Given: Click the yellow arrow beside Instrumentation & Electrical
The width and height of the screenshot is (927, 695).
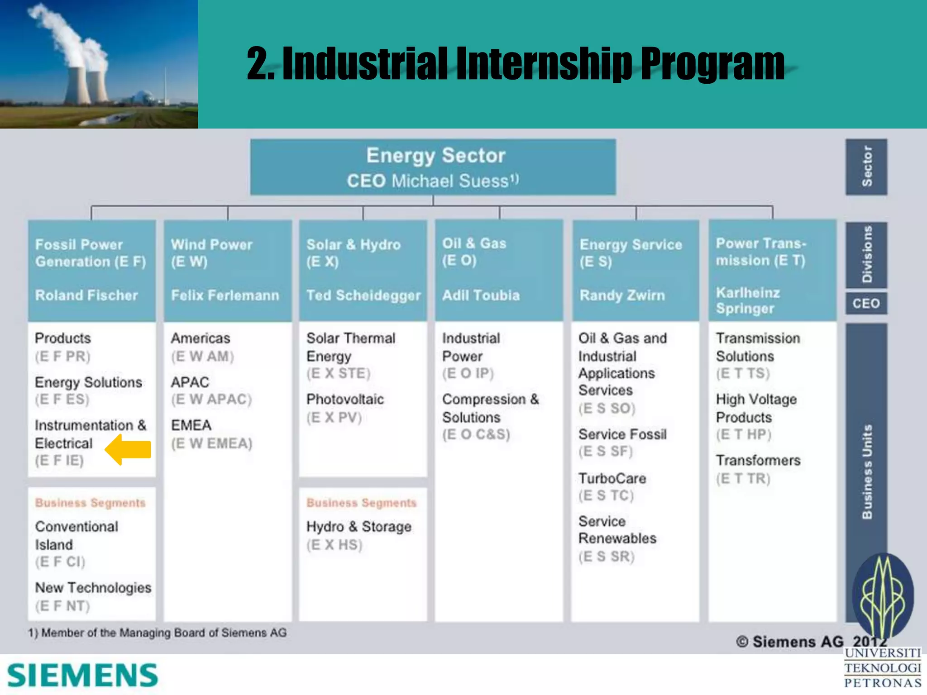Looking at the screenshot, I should (128, 450).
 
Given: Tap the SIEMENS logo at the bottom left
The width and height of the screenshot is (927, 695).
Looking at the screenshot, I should (82, 676).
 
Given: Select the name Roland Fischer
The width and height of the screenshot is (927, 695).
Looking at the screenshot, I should (86, 295).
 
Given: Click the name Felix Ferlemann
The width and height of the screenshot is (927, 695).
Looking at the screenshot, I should (225, 295).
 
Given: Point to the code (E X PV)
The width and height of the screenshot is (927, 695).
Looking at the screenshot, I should (334, 417).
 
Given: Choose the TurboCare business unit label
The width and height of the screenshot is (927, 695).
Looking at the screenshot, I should (612, 478).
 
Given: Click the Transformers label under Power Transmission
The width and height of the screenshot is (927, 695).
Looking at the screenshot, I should (758, 461).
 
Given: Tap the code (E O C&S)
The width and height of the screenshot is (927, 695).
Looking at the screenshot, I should (476, 434).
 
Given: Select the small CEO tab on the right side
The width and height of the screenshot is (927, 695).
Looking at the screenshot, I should (866, 303).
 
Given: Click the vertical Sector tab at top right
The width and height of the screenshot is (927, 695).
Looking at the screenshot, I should (866, 167).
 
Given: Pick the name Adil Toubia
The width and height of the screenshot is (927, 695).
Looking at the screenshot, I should (481, 295).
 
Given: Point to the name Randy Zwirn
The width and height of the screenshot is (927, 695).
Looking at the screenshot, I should (622, 295).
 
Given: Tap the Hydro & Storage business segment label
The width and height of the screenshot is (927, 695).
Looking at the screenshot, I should (359, 527).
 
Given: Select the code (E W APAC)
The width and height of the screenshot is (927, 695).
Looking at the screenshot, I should (211, 400).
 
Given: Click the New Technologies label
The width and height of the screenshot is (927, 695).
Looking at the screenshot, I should (93, 588).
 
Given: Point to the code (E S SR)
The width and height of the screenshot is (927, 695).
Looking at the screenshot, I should (607, 557).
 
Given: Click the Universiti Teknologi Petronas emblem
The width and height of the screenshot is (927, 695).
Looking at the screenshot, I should (883, 595).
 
